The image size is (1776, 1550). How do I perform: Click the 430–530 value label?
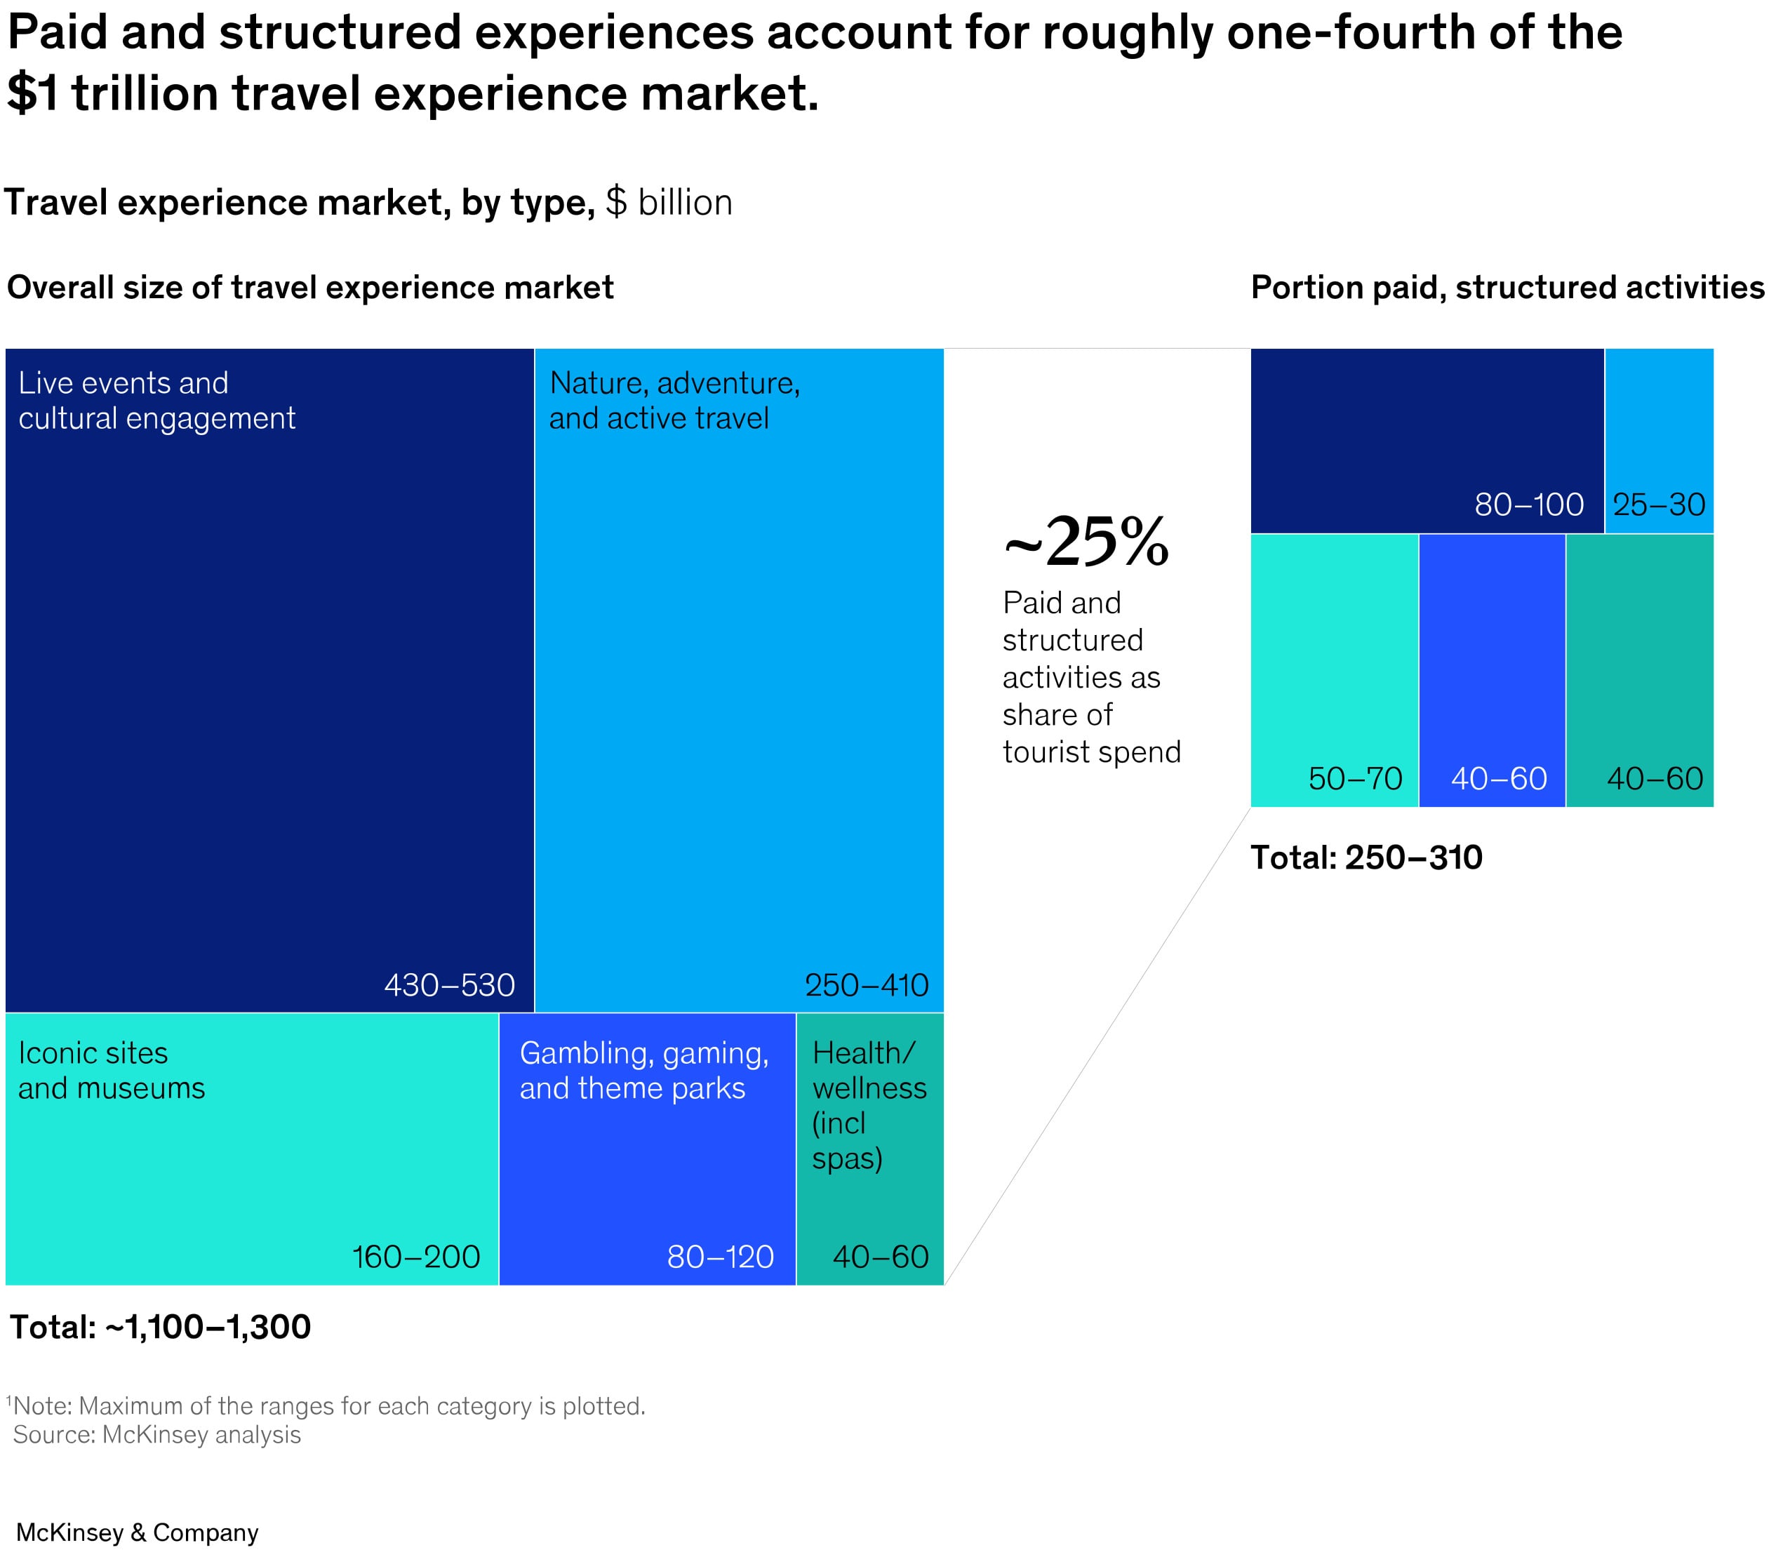449,985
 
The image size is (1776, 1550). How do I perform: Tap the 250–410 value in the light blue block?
866,985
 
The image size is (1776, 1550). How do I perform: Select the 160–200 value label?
416,1257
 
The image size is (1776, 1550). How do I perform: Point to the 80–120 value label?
720,1257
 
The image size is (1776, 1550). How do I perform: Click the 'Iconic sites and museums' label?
112,1070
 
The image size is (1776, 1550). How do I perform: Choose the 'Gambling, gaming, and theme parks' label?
643,1070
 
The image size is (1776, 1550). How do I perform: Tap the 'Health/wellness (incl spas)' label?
869,1104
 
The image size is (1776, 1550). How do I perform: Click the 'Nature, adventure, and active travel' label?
674,401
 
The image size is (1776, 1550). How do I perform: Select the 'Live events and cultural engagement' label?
156,401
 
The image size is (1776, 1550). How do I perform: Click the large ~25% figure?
1086,542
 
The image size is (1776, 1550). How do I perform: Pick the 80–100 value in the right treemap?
1528,505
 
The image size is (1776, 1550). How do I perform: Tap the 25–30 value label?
1658,505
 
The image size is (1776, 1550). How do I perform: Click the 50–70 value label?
1355,778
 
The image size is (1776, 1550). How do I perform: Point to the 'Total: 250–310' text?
1366,857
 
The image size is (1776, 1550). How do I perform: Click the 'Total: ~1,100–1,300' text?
160,1327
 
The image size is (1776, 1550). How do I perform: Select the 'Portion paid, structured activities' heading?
1507,287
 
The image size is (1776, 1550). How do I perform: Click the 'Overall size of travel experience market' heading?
309,287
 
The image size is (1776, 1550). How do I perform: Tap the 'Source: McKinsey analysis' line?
156,1435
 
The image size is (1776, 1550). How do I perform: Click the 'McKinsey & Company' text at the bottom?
137,1532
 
